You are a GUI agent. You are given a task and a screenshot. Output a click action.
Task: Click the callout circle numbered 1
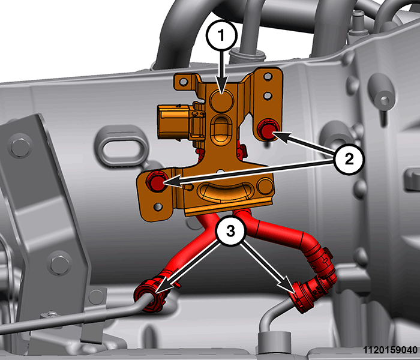(x=221, y=35)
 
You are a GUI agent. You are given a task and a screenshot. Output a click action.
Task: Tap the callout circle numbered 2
(x=349, y=160)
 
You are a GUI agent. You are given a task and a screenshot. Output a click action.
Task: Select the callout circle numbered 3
(x=230, y=230)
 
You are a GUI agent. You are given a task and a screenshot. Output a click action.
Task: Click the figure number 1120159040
(x=390, y=350)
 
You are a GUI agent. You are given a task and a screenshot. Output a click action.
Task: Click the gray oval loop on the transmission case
(x=122, y=146)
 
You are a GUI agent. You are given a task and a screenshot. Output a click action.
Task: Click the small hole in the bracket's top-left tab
(x=184, y=82)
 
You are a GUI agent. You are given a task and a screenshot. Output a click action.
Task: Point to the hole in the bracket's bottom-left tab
(x=158, y=207)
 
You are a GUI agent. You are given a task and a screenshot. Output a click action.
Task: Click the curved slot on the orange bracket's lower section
(x=225, y=192)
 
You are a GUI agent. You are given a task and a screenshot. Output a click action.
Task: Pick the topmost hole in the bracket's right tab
(x=268, y=77)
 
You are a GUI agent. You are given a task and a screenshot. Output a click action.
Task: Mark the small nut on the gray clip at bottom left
(x=52, y=314)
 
